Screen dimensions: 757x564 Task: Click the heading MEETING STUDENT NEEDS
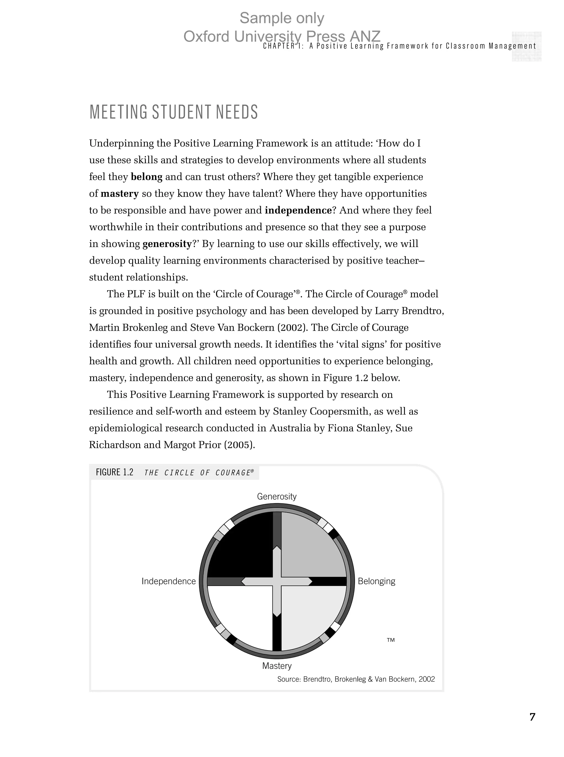(x=173, y=112)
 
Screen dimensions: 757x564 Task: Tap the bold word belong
(x=147, y=177)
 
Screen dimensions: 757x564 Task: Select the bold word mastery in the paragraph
(x=120, y=194)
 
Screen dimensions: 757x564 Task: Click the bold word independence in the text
(x=298, y=210)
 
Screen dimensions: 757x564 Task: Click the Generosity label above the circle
(x=276, y=496)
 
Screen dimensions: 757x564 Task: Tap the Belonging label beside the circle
(x=376, y=581)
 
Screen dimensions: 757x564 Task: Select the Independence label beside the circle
(x=169, y=581)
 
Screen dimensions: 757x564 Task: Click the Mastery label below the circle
(x=277, y=666)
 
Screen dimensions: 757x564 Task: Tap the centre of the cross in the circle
(x=277, y=581)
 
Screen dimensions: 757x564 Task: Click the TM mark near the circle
(x=391, y=640)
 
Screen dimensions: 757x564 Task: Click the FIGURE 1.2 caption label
(x=114, y=472)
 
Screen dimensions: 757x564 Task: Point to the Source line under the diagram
(x=356, y=679)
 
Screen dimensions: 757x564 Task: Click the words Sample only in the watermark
(x=282, y=18)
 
